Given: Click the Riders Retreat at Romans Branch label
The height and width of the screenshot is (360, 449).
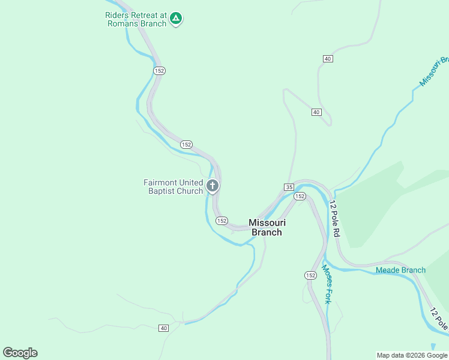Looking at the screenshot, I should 136,19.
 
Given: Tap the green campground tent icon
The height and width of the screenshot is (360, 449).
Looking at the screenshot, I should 175,19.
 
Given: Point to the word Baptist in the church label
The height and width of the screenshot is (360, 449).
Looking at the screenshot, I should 161,191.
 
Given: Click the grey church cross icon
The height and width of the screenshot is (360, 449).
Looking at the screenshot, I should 212,186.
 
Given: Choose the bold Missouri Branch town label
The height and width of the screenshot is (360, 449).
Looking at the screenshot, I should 267,227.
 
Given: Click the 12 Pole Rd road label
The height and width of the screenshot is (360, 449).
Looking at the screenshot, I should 334,219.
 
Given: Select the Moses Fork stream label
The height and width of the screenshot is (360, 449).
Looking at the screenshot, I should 326,284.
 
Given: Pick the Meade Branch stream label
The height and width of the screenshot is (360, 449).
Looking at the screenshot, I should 400,270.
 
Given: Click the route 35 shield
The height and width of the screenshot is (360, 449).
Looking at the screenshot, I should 289,187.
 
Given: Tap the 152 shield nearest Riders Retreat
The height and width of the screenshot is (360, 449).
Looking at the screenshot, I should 159,71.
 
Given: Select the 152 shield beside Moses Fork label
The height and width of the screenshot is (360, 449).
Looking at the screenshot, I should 310,275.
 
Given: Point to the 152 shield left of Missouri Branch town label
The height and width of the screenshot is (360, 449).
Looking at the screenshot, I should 221,221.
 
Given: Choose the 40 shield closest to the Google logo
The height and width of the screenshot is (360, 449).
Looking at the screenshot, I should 164,328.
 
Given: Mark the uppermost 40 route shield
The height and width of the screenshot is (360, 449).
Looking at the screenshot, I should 327,58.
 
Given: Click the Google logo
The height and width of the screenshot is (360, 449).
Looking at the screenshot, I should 20,353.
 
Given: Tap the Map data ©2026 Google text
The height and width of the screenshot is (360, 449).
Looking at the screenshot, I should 412,355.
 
